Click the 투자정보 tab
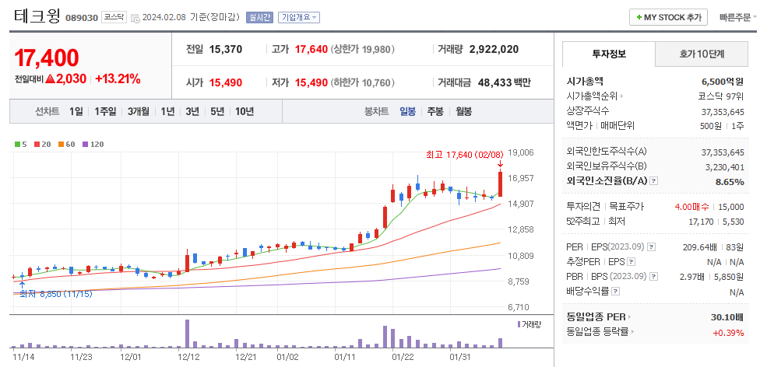pos(608,54)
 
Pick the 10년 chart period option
pos(244,111)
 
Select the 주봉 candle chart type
pos(435,111)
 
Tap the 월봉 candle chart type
pos(463,111)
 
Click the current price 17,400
pos(47,58)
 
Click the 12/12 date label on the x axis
pos(189,357)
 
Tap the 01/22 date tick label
pos(403,357)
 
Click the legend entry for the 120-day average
pos(93,145)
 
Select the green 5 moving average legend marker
pos(21,145)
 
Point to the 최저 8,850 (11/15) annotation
pos(55,294)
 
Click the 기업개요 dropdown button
pos(299,17)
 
